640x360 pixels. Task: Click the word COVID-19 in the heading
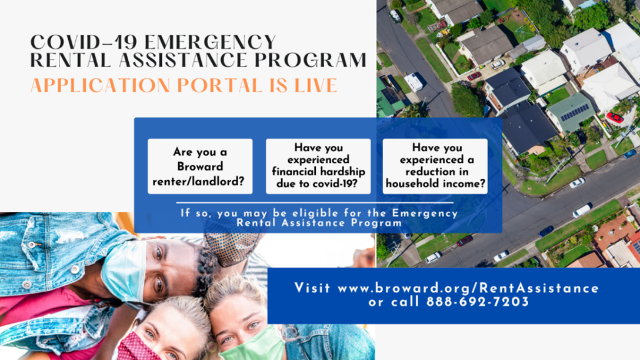(85, 42)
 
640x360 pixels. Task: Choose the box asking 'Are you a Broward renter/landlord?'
(200, 166)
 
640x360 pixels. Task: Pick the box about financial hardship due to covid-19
(318, 166)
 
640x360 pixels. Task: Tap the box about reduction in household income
(435, 166)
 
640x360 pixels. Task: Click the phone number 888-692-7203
(478, 302)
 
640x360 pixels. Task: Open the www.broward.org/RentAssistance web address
(468, 289)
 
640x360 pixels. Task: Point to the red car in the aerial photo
(615, 118)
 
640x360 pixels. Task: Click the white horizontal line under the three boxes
(315, 202)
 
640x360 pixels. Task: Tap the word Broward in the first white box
(200, 166)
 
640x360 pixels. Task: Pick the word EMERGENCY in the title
(211, 42)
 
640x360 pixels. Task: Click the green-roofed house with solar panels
(571, 112)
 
